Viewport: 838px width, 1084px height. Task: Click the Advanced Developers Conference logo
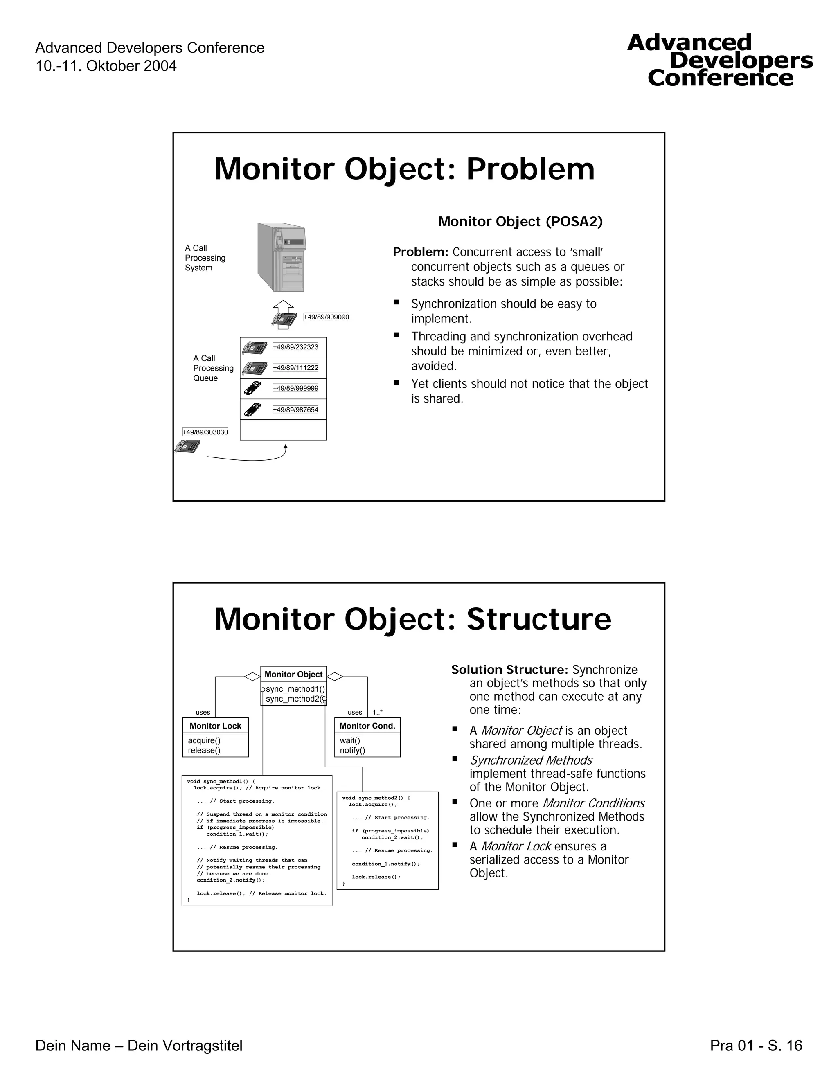(720, 61)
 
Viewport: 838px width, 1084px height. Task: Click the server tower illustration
(282, 257)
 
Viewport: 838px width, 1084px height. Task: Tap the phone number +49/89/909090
(326, 317)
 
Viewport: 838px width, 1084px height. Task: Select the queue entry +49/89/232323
(295, 347)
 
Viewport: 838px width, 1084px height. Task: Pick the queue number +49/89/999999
(295, 388)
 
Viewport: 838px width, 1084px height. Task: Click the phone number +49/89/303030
(205, 432)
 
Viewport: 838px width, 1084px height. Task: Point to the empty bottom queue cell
(283, 430)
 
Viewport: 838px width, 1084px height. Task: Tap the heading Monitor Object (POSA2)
(520, 221)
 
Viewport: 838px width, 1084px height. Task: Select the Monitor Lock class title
(215, 726)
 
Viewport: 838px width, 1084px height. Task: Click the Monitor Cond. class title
(367, 726)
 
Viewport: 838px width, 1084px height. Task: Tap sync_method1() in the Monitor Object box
(295, 689)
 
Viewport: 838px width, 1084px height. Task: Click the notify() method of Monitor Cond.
(352, 750)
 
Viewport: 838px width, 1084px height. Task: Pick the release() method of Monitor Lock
(204, 750)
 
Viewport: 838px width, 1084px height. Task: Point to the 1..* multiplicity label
(378, 712)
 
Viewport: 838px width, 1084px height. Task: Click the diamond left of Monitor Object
(252, 676)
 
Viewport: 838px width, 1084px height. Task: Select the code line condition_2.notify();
(230, 880)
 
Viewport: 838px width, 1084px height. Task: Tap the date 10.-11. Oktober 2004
(106, 66)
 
